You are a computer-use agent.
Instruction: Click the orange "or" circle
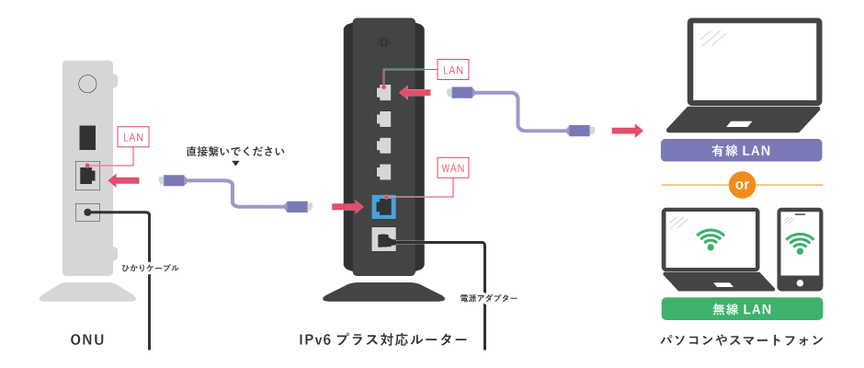click(x=740, y=186)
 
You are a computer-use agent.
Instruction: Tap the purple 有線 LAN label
click(x=741, y=150)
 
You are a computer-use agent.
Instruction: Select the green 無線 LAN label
click(x=741, y=308)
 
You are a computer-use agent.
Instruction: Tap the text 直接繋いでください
click(x=235, y=150)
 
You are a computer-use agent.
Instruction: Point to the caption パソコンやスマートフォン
click(x=741, y=340)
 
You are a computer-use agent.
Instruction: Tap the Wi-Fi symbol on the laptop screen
click(x=709, y=239)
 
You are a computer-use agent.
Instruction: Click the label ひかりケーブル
click(x=151, y=268)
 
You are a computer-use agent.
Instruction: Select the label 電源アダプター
click(x=488, y=298)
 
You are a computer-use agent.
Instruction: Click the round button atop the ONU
click(x=87, y=84)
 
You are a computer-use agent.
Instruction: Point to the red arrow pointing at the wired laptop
click(x=628, y=131)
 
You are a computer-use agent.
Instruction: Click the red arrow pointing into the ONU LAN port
click(x=123, y=178)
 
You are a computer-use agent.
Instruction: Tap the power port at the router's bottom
click(x=383, y=239)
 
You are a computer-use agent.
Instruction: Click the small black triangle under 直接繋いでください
click(x=235, y=164)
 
